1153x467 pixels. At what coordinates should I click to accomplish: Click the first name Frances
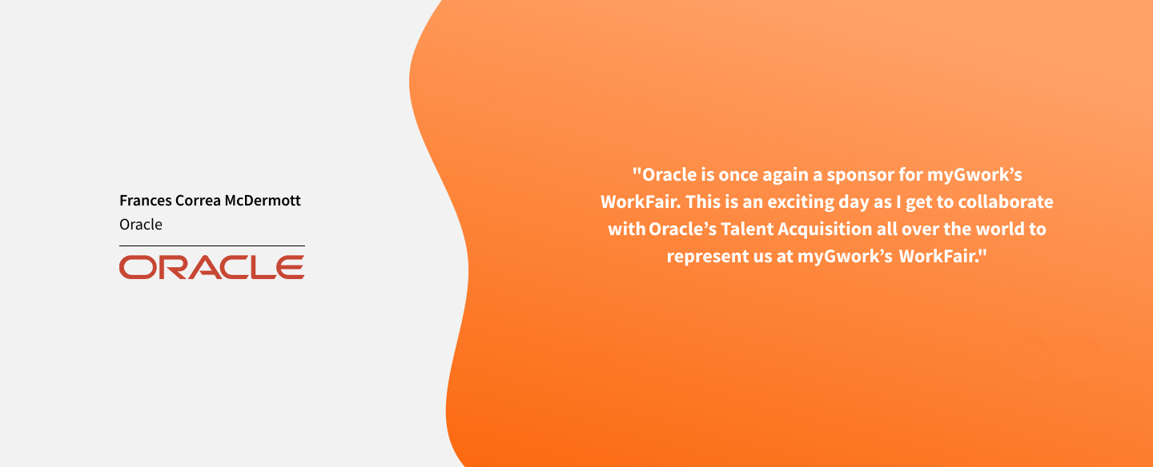tap(146, 200)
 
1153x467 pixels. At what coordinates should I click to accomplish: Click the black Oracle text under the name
tap(141, 224)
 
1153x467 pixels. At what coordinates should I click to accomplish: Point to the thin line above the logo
tap(212, 245)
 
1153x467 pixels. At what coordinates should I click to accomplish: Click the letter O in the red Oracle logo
tap(138, 267)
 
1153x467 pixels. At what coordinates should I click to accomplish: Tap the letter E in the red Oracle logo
tap(290, 267)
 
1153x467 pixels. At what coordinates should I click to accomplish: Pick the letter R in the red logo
tap(174, 267)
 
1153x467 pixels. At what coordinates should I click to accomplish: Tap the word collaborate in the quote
tap(1006, 202)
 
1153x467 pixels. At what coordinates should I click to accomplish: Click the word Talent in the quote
tap(747, 229)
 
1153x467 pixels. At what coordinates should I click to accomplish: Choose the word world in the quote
tap(1000, 229)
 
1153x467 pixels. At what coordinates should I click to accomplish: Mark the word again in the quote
tap(785, 176)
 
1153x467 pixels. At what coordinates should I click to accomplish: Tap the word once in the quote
tap(738, 175)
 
